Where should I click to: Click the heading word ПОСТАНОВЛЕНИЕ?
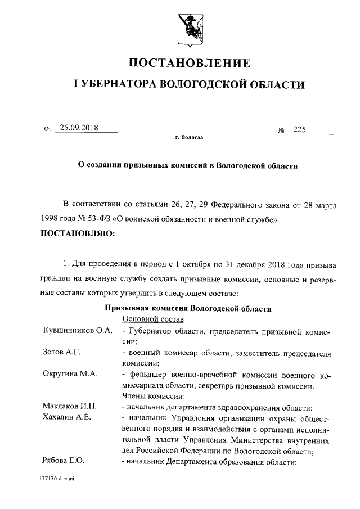pyautogui.click(x=190, y=62)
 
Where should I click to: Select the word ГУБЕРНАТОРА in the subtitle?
pyautogui.click(x=115, y=85)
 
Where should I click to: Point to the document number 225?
pyautogui.click(x=299, y=129)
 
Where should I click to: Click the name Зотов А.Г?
pyautogui.click(x=62, y=352)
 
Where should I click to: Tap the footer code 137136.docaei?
pyautogui.click(x=57, y=479)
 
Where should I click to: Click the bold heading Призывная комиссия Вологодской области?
pyautogui.click(x=188, y=308)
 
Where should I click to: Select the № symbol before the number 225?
pyautogui.click(x=281, y=130)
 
